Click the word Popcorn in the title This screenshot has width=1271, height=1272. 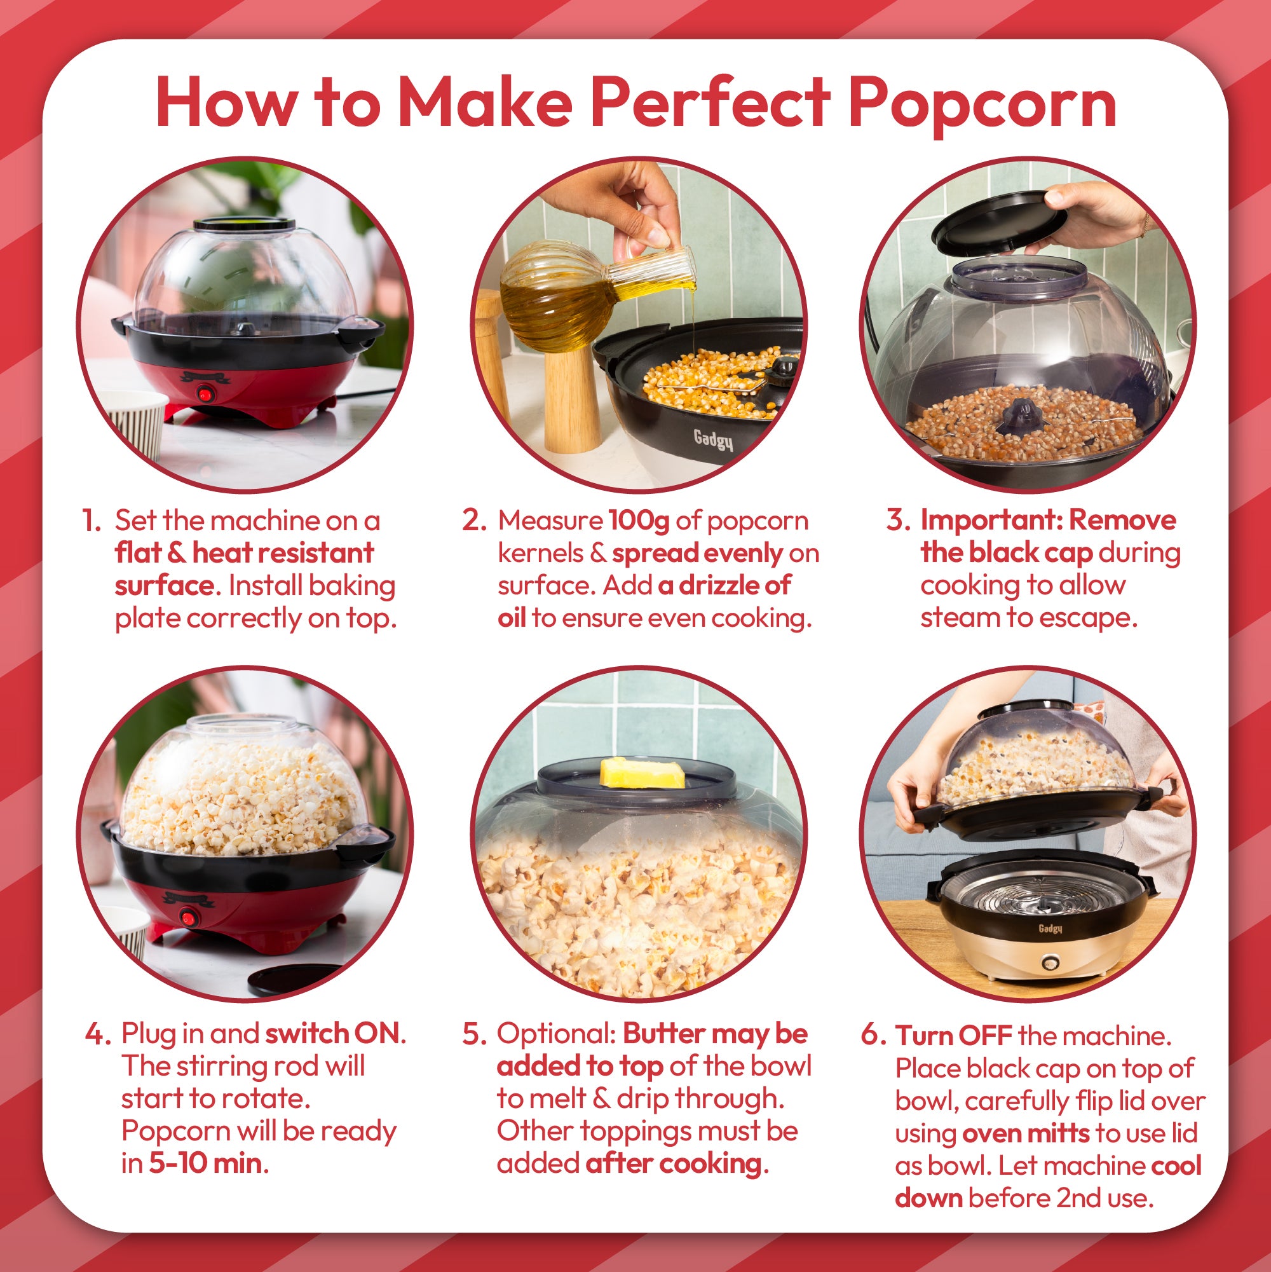click(x=982, y=104)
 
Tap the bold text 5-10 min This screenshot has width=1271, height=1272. click(x=205, y=1163)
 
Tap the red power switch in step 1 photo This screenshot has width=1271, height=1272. click(x=205, y=395)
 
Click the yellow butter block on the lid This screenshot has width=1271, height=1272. click(x=642, y=773)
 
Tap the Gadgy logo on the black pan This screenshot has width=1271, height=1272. click(x=713, y=439)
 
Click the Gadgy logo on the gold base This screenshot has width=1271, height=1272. click(x=1050, y=928)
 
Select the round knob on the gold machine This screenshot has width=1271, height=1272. click(x=1050, y=964)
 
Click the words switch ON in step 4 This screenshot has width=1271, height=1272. click(x=332, y=1034)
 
